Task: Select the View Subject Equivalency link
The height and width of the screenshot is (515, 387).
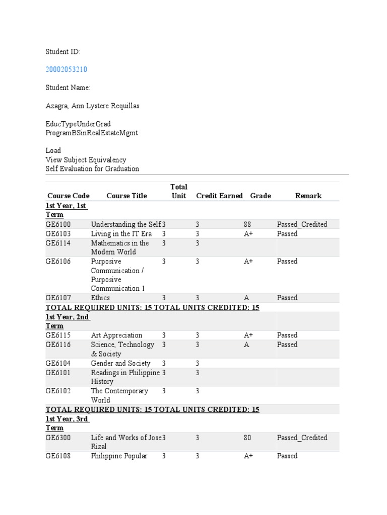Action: (x=86, y=160)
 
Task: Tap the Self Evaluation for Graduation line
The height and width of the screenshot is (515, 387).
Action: (x=92, y=169)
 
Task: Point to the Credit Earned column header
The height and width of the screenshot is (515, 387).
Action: (x=219, y=196)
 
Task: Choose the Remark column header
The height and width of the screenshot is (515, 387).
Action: (x=308, y=196)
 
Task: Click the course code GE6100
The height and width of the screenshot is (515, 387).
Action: (x=58, y=225)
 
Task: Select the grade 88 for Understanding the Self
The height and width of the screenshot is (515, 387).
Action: (x=247, y=225)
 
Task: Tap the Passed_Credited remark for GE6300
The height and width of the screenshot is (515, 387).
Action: (x=302, y=438)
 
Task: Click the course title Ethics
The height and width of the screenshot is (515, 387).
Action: (x=101, y=298)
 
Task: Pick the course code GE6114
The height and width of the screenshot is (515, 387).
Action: (x=58, y=243)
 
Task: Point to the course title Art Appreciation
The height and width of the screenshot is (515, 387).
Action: (x=116, y=335)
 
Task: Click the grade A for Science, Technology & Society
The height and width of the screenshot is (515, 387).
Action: (x=246, y=345)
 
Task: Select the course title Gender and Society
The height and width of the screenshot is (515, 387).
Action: (x=120, y=364)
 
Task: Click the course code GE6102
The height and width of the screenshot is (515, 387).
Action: (x=58, y=391)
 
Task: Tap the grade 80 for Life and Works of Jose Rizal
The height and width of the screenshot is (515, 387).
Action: (x=247, y=438)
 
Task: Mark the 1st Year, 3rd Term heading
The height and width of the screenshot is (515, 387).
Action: (x=67, y=423)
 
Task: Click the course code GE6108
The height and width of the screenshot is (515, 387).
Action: (x=58, y=456)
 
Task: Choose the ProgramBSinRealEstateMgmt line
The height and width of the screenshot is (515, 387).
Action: (x=91, y=133)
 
